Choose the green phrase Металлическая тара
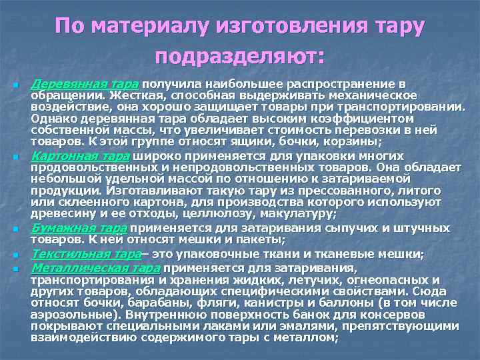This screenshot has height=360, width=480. [105, 268]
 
